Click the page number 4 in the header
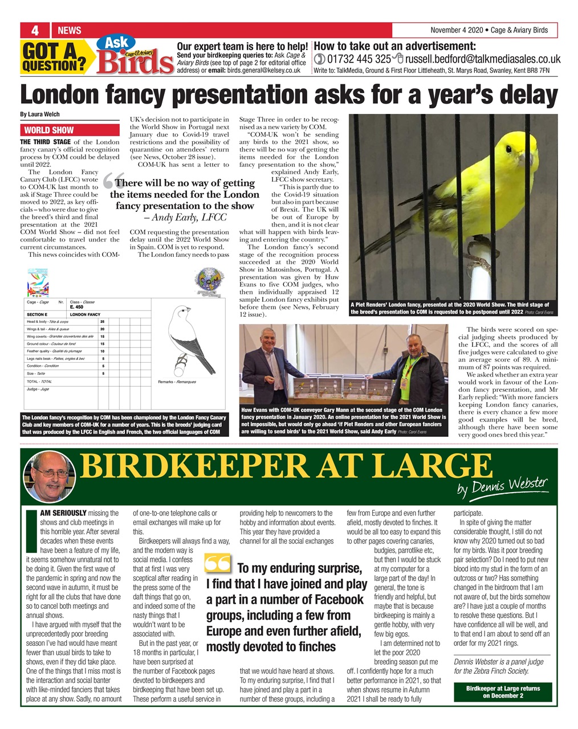35,30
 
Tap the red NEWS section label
70,30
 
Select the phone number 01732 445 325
358,59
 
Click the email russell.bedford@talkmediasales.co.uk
482,59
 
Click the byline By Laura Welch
39,114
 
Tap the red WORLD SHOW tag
49,130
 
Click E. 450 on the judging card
76,307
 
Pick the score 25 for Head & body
103,322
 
